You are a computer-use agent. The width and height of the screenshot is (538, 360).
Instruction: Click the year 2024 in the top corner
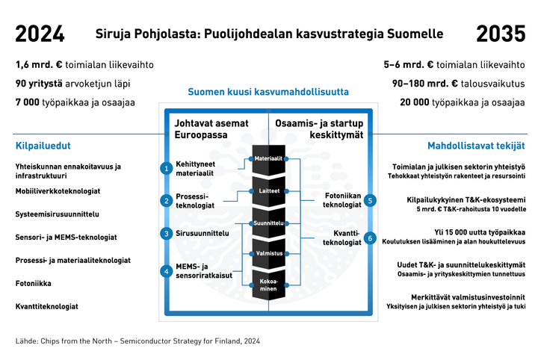pyautogui.click(x=40, y=34)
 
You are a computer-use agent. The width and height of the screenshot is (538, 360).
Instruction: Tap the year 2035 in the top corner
pyautogui.click(x=501, y=34)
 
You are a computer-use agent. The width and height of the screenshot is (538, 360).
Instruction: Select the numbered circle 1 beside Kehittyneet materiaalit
pyautogui.click(x=167, y=168)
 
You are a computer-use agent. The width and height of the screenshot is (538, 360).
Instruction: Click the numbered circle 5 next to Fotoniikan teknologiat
pyautogui.click(x=370, y=201)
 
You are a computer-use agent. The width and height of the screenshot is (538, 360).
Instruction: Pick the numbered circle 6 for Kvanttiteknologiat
pyautogui.click(x=370, y=238)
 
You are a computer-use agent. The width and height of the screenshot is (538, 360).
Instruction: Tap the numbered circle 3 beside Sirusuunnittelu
pyautogui.click(x=167, y=234)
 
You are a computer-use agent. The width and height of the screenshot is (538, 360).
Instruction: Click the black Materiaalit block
pyautogui.click(x=269, y=159)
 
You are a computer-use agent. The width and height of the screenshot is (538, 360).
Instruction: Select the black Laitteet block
pyautogui.click(x=269, y=191)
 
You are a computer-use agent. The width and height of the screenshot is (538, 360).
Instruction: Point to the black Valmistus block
pyautogui.click(x=269, y=254)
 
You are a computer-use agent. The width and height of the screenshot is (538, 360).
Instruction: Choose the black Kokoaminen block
pyautogui.click(x=269, y=285)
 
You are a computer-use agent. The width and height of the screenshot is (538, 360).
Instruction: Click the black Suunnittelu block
pyautogui.click(x=269, y=223)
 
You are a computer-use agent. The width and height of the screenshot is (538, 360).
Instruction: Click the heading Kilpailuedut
pyautogui.click(x=43, y=146)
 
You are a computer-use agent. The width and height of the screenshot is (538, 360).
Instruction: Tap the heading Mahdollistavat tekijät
pyautogui.click(x=476, y=146)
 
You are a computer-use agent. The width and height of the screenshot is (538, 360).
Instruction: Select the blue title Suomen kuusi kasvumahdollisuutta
pyautogui.click(x=268, y=92)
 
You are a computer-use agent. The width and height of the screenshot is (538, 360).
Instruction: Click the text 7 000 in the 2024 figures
pyautogui.click(x=28, y=102)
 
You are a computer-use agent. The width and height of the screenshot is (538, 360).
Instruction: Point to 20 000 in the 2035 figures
pyautogui.click(x=415, y=102)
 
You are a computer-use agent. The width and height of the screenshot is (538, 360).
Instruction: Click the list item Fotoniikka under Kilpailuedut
pyautogui.click(x=34, y=284)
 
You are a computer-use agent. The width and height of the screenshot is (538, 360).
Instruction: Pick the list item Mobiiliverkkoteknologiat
pyautogui.click(x=58, y=191)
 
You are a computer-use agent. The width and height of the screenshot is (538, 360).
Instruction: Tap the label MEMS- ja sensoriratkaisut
pyautogui.click(x=204, y=271)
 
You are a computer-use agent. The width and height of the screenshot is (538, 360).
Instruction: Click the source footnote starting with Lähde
pyautogui.click(x=137, y=341)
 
